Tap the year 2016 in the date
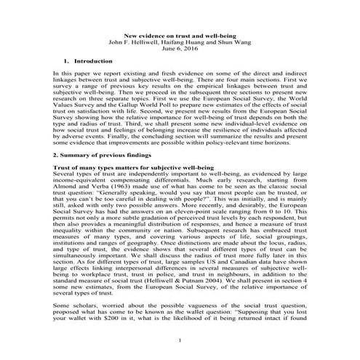pos(190,49)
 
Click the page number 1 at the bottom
pos(180,342)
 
